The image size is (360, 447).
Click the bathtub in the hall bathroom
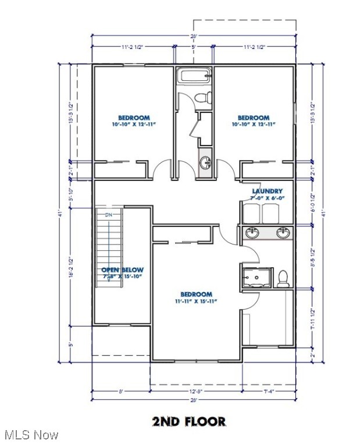pos(194,76)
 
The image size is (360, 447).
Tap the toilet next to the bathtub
pos(202,98)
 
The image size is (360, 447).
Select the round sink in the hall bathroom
pos(205,163)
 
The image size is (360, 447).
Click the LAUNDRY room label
pos(267,191)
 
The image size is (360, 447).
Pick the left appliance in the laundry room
pos(251,213)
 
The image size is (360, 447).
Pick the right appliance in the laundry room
pos(271,213)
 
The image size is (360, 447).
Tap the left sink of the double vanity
pos(252,233)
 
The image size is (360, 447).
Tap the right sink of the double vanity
pos(283,233)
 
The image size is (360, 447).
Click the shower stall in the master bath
pos(256,277)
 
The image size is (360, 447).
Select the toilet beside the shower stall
pos(283,278)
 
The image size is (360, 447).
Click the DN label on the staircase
pos(108,216)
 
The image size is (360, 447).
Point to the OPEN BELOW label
pos(122,270)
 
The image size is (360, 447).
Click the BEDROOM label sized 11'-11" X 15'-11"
pos(196,295)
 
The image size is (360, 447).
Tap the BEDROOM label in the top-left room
pos(134,118)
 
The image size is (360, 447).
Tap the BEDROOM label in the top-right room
pos(253,118)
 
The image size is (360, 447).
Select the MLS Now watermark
pos(30,435)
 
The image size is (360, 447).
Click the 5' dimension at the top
pos(194,46)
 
